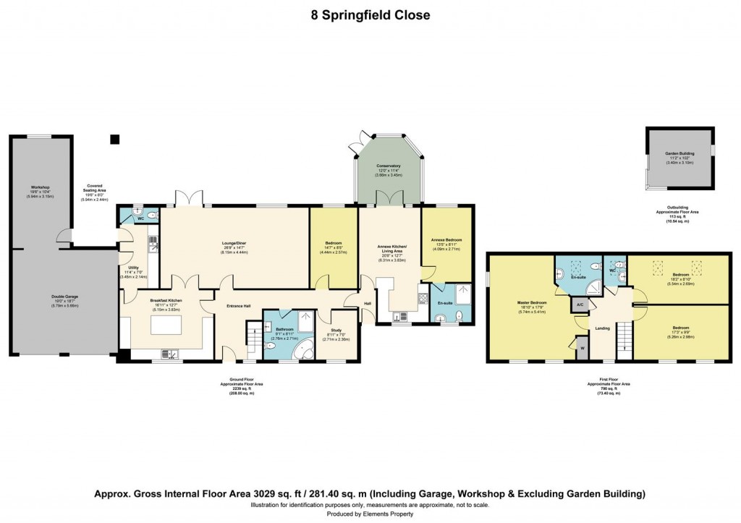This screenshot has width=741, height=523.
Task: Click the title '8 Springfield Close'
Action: [370, 15]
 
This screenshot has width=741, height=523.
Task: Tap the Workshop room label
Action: [29, 187]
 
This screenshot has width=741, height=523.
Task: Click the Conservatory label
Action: [388, 166]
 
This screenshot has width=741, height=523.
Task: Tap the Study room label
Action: [336, 310]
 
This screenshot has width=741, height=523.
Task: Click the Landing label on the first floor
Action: [601, 327]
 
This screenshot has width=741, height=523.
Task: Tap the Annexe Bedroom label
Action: [446, 240]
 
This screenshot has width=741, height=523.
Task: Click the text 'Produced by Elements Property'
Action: [370, 514]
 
